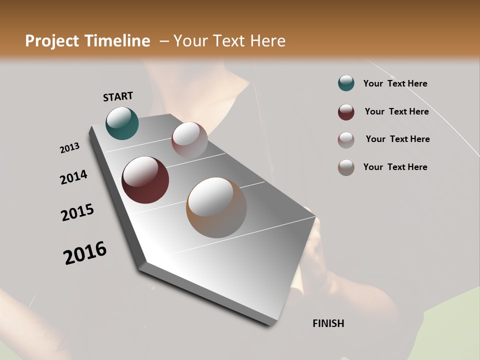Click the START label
118,96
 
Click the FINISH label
328,323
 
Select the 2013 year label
70,148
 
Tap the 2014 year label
73,177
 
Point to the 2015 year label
77,212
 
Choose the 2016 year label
85,252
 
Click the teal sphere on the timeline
122,123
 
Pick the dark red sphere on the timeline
145,180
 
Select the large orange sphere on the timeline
216,207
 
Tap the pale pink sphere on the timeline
189,140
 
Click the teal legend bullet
346,83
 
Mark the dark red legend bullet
346,112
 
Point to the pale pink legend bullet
346,140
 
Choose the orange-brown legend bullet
346,167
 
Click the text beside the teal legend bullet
395,83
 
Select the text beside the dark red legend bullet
396,111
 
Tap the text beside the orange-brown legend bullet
395,167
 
